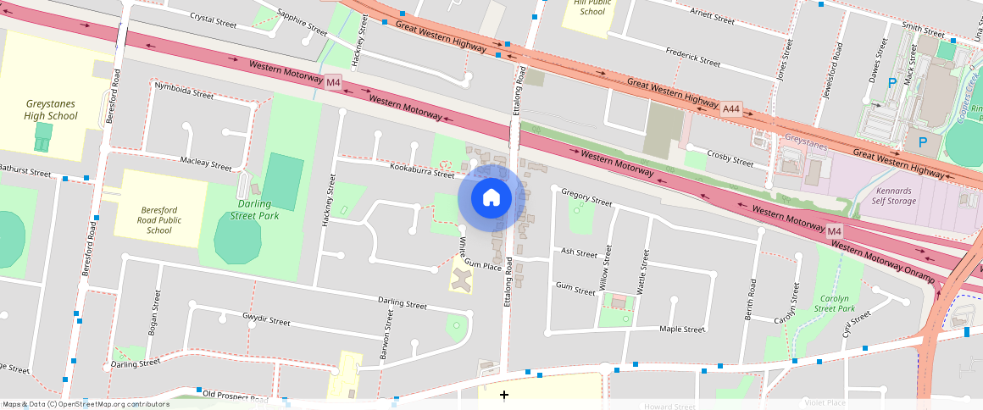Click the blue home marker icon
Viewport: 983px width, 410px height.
coord(491,198)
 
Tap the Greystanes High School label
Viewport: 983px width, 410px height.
coord(51,109)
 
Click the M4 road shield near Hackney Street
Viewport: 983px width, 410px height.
coord(333,82)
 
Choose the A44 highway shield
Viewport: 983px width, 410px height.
coord(731,108)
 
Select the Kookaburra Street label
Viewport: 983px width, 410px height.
coord(423,172)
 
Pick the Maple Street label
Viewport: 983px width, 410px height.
coord(682,329)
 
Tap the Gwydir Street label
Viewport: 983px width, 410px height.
coord(266,321)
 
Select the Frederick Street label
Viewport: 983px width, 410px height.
coord(692,57)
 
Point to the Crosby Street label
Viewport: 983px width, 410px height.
coord(730,160)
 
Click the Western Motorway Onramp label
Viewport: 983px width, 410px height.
coord(882,262)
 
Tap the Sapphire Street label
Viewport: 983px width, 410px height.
coord(303,22)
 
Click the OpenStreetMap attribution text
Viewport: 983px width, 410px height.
coord(86,404)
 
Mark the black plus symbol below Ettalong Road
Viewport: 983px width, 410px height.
coord(504,395)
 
